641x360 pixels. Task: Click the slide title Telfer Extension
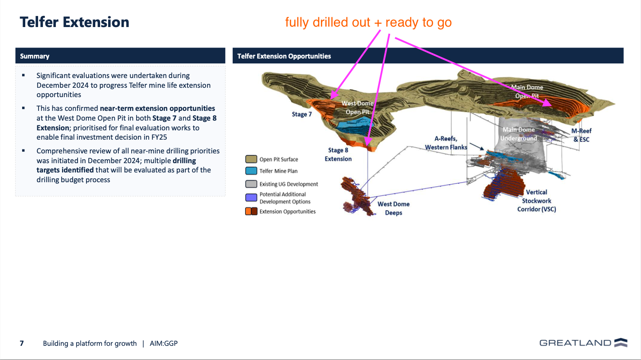tap(74, 22)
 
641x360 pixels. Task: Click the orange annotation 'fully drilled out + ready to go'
tap(368, 22)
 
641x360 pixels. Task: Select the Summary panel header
tap(120, 56)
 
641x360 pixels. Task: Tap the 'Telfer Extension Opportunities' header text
tap(284, 56)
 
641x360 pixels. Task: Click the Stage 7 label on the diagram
tap(301, 114)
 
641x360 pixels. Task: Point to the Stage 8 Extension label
tap(338, 155)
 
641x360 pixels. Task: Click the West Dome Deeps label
tap(394, 208)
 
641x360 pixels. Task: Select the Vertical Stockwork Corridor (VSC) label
tap(536, 200)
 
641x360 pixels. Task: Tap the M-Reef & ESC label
tap(581, 135)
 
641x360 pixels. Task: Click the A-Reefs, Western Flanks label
tap(446, 143)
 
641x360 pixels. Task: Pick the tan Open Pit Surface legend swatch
tap(251, 159)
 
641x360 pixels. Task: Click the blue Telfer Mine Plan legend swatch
tap(251, 171)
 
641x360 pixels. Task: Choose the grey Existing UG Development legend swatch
tap(251, 184)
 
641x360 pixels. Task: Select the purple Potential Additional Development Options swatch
tap(251, 197)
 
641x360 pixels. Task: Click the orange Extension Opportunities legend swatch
tap(251, 211)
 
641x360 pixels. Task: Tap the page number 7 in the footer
tap(22, 344)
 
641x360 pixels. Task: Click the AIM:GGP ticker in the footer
tap(164, 344)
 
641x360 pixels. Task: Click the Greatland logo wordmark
tap(575, 343)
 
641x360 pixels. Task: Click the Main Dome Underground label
tap(519, 134)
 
